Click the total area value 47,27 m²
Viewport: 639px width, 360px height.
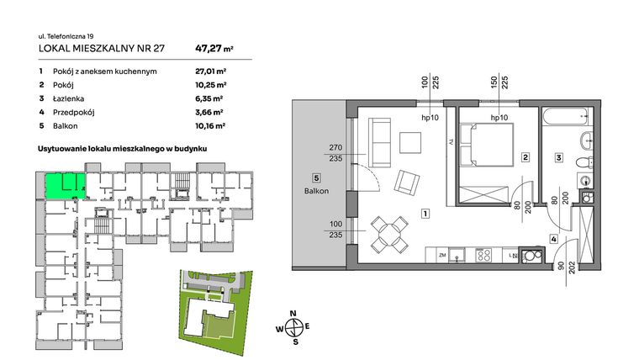click(214, 49)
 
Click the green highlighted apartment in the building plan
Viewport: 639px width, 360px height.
click(63, 185)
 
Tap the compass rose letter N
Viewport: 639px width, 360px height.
click(293, 313)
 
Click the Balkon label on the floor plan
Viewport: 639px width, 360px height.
click(316, 191)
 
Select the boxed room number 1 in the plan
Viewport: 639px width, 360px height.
click(427, 214)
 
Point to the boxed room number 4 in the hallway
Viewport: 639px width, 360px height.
click(553, 239)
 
